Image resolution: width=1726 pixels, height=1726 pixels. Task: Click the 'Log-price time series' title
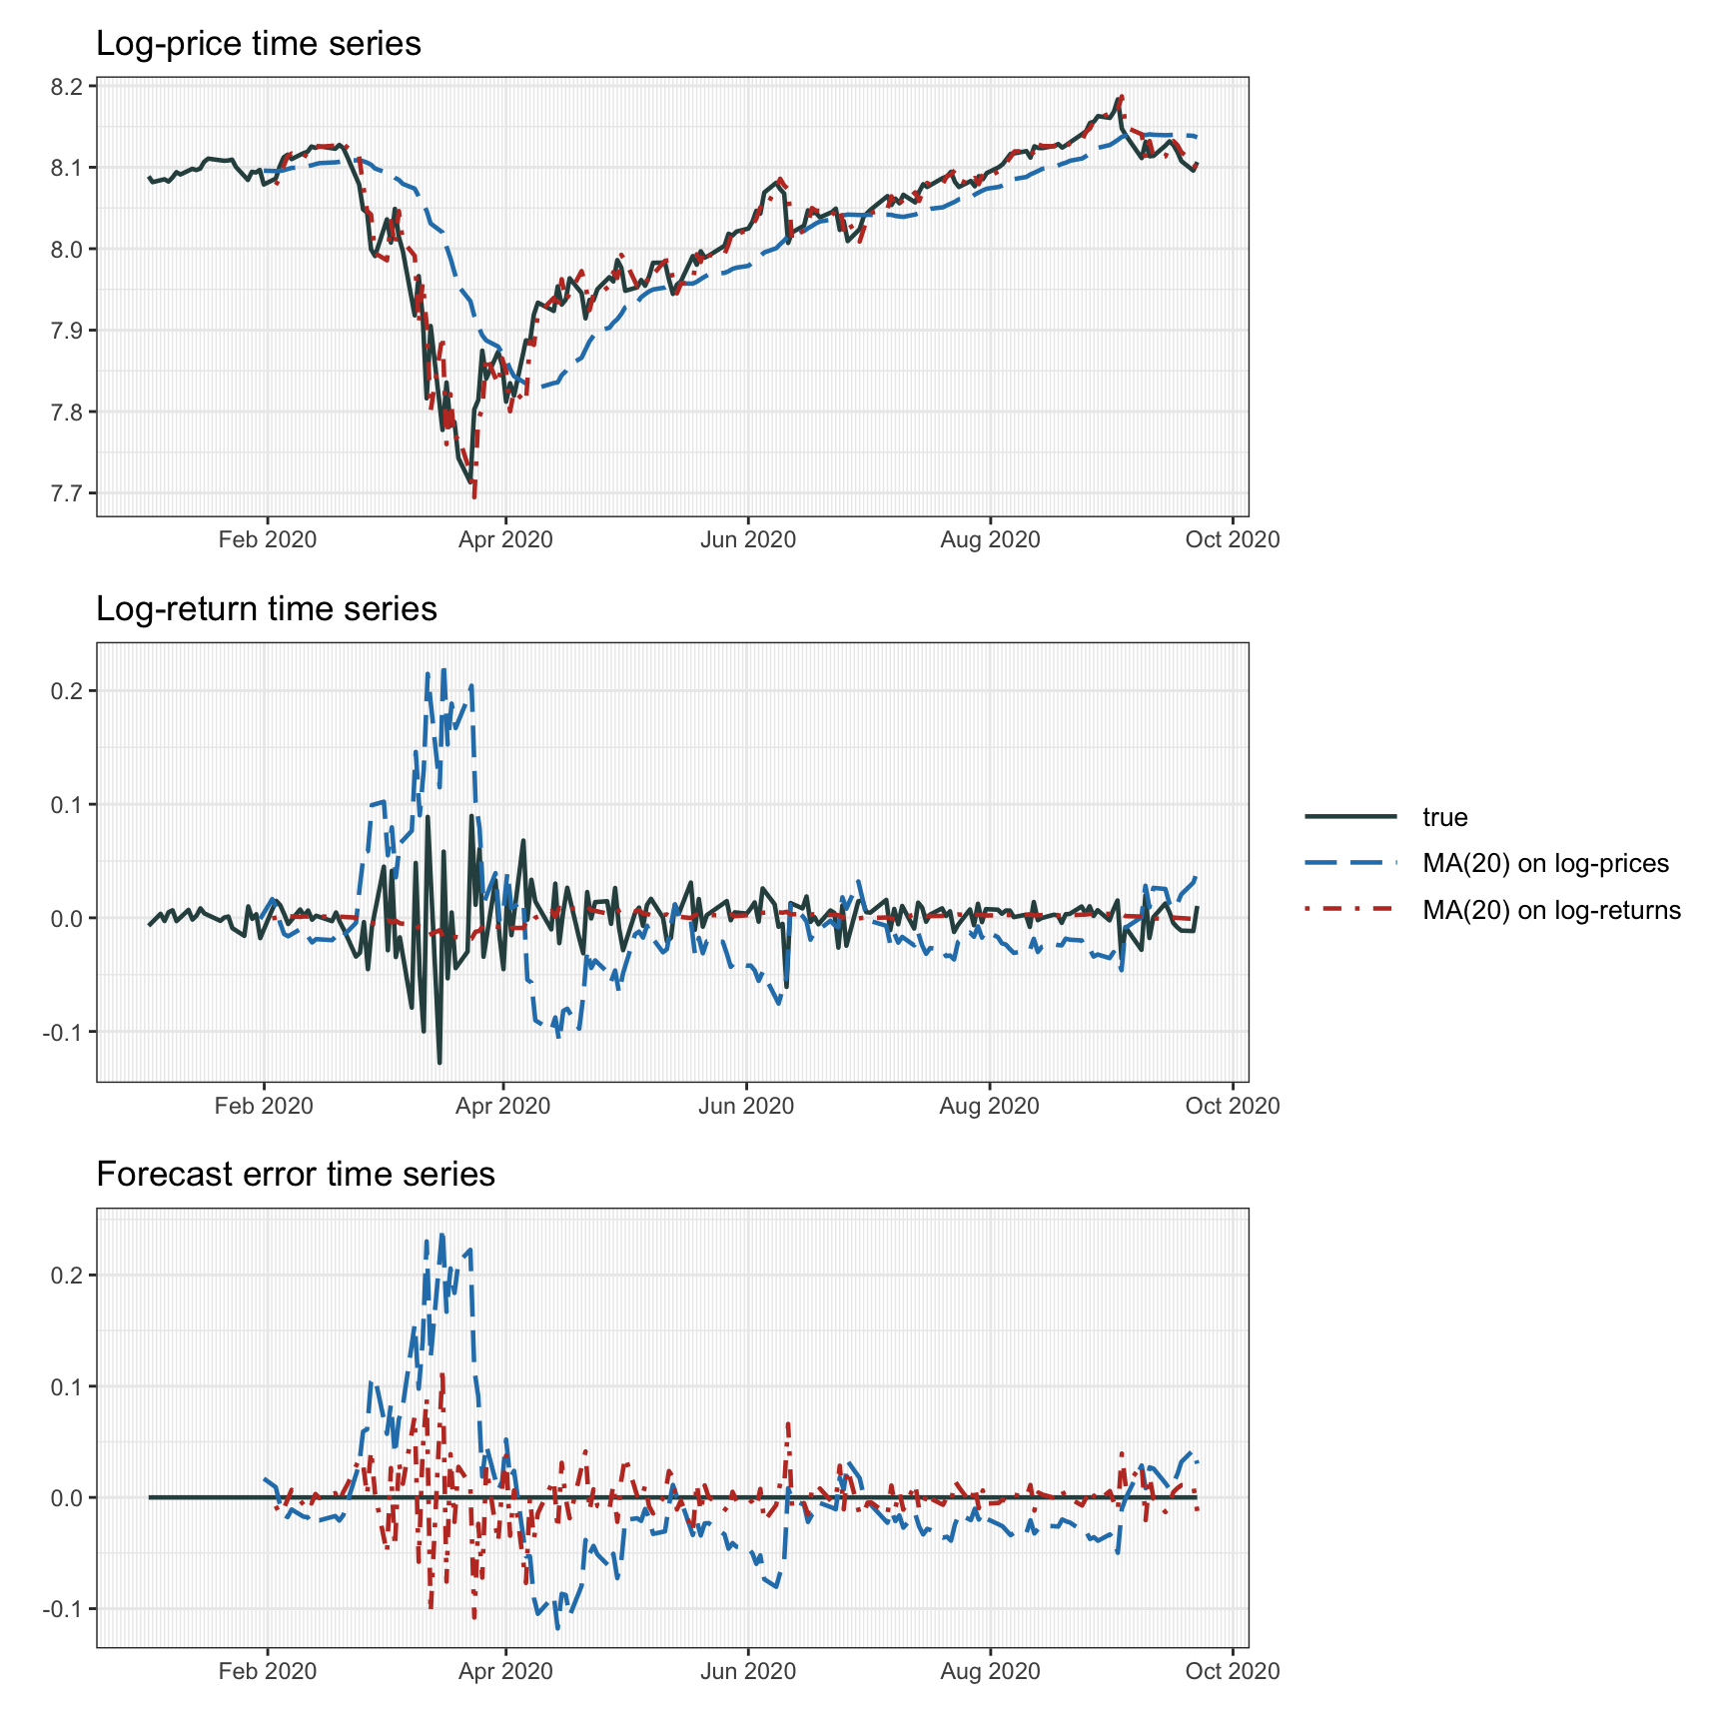click(x=258, y=44)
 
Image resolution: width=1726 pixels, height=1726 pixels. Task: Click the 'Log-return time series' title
click(x=266, y=609)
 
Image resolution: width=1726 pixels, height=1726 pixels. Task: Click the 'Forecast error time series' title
click(x=295, y=1175)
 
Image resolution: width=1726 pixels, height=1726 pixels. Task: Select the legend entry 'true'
click(x=1444, y=817)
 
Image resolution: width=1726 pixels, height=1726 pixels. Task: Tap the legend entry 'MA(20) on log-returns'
click(x=1550, y=910)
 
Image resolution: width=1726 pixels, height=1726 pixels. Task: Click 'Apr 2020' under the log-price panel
click(x=505, y=540)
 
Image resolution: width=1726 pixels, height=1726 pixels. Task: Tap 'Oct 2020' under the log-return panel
click(x=1232, y=1106)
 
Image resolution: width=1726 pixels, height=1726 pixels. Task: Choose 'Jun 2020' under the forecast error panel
click(x=747, y=1671)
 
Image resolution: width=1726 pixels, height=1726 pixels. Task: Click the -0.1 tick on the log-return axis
click(x=64, y=1032)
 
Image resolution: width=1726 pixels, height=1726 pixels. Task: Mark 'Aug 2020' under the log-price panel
click(x=990, y=540)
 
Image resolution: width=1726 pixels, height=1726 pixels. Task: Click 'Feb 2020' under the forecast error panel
click(x=267, y=1671)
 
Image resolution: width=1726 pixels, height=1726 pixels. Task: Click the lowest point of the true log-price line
click(x=470, y=483)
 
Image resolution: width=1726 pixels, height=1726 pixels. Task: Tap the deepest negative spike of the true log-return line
click(x=439, y=1062)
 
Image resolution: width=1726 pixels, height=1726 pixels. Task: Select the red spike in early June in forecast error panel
click(x=788, y=1423)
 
